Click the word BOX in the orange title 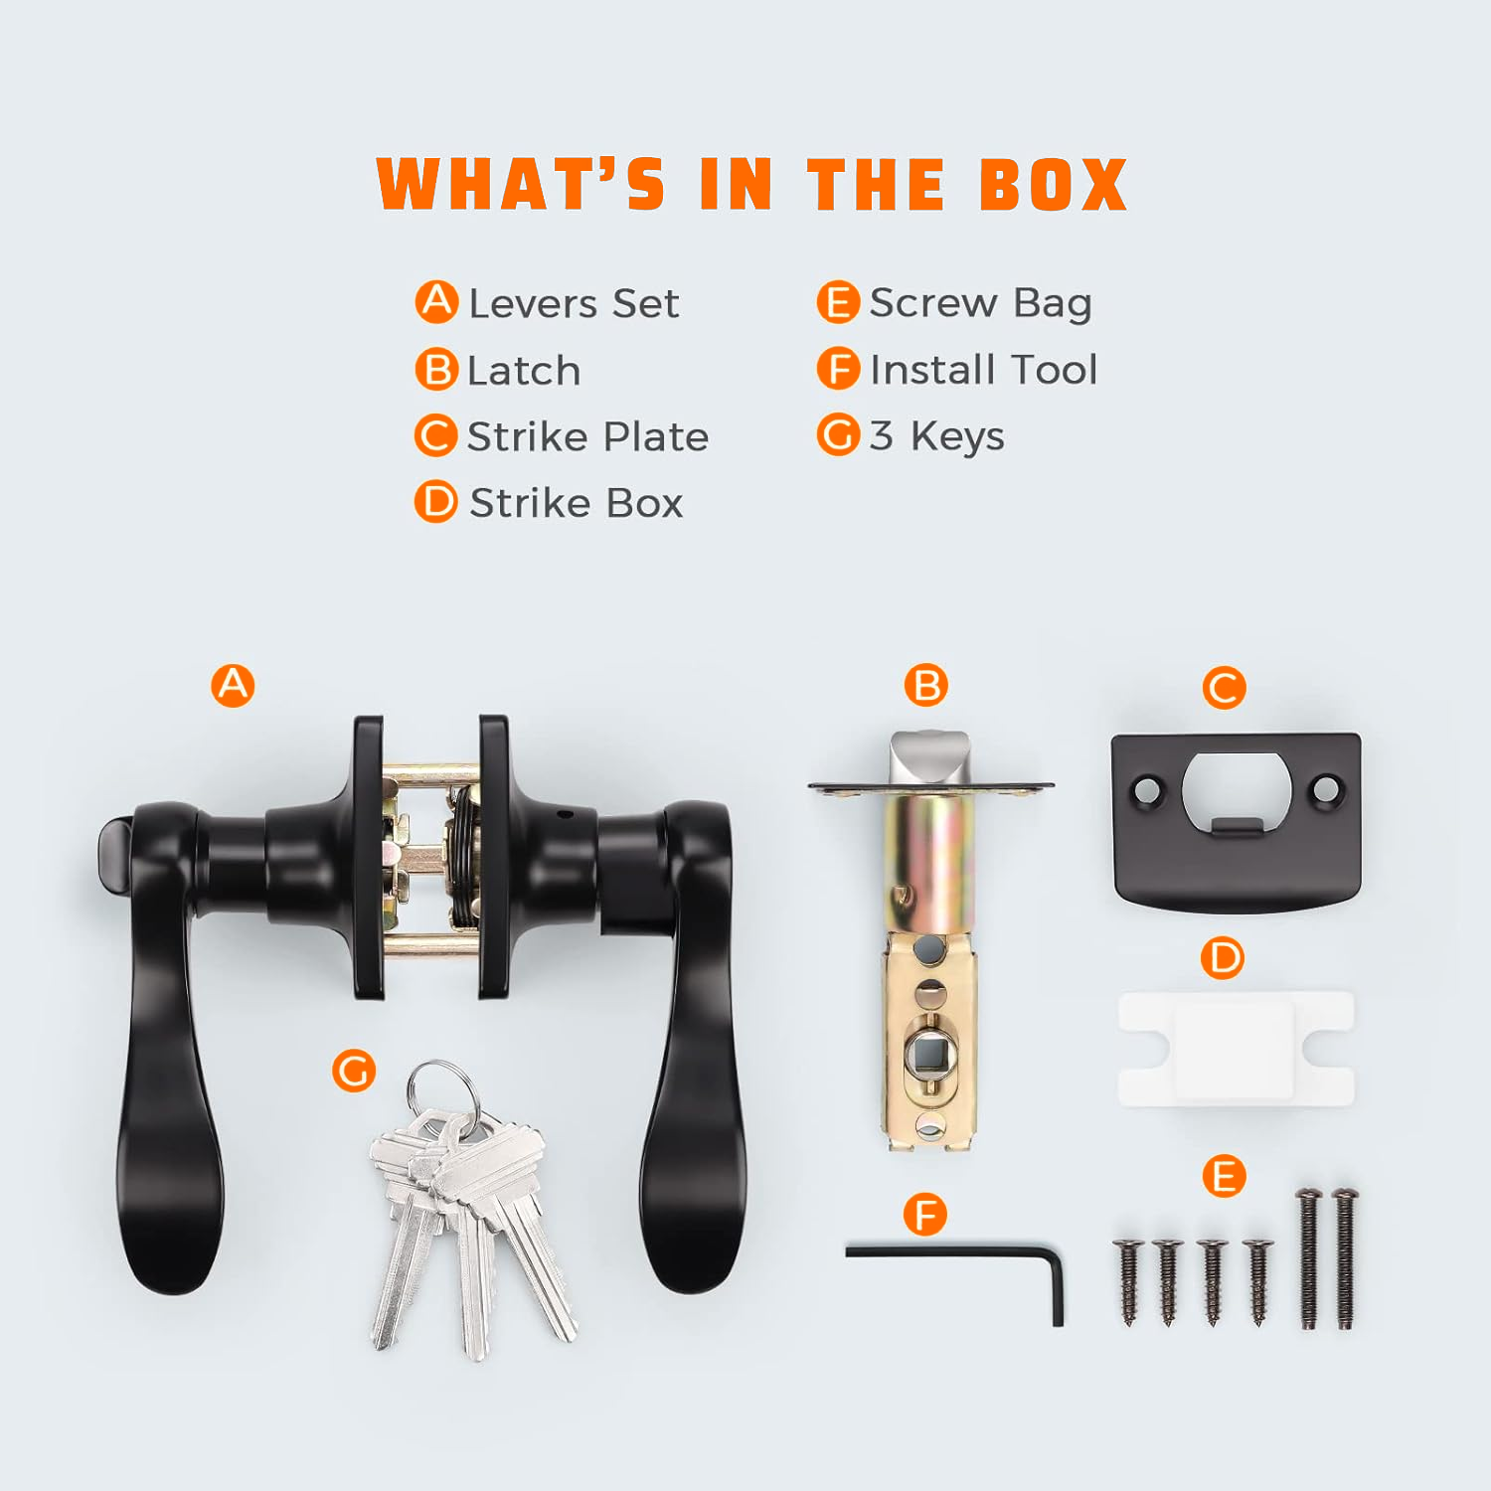[x=1054, y=185]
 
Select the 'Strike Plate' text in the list [x=587, y=436]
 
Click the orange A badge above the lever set [x=233, y=685]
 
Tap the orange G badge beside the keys [x=354, y=1071]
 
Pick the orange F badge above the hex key [x=925, y=1214]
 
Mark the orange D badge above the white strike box [x=1223, y=958]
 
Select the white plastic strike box [x=1236, y=1048]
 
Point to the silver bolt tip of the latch [x=928, y=756]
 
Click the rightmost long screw [x=1345, y=1257]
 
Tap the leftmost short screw [x=1128, y=1281]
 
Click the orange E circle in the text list [x=838, y=302]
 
